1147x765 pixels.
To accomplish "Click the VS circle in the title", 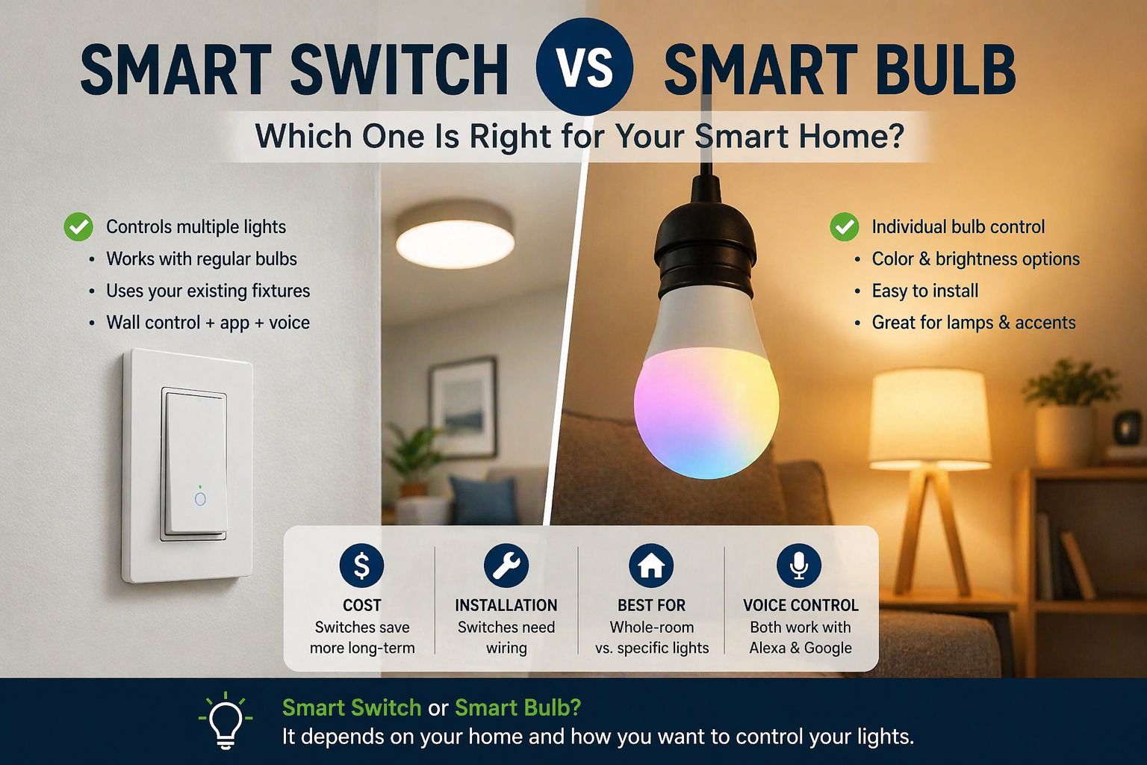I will point(585,66).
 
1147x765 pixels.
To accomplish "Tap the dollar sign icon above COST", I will point(361,566).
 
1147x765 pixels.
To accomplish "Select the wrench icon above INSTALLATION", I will point(506,566).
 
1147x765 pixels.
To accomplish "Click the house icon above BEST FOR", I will point(651,566).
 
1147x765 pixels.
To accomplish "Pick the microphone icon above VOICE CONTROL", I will point(799,566).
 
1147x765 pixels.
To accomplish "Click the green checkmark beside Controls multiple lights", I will point(78,226).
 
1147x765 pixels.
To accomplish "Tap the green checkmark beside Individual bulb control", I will point(845,226).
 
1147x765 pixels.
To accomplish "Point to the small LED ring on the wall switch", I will point(200,498).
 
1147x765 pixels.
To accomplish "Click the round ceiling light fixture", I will point(455,237).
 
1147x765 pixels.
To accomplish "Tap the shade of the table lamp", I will point(930,418).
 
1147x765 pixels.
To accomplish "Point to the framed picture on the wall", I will point(463,406).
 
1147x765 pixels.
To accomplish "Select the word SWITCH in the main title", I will point(400,70).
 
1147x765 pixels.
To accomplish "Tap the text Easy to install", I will point(924,291).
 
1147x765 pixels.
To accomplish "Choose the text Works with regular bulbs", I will point(202,258).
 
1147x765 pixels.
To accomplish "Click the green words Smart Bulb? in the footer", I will point(517,707).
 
